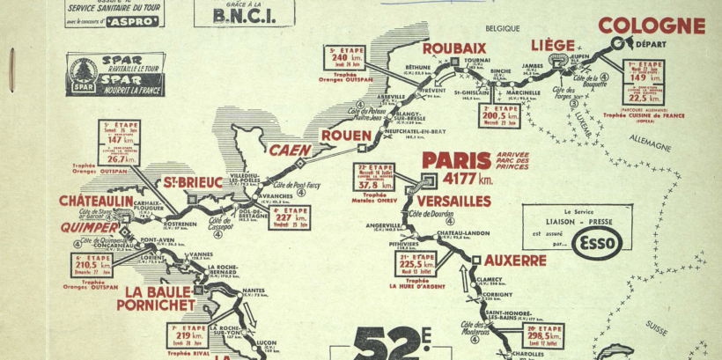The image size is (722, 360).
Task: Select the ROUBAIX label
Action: [x=454, y=48]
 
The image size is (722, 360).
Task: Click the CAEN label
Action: [x=291, y=150]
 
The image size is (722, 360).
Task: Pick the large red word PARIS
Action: [x=456, y=160]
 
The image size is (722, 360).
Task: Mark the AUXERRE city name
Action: [x=515, y=261]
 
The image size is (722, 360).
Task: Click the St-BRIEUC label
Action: [x=192, y=182]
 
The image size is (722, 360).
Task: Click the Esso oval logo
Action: [x=596, y=242]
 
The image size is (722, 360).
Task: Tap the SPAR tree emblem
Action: [x=81, y=70]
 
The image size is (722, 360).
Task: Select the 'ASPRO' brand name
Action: [x=133, y=19]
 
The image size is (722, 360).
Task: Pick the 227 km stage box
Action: [x=289, y=217]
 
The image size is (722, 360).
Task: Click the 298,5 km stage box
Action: [x=544, y=335]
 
